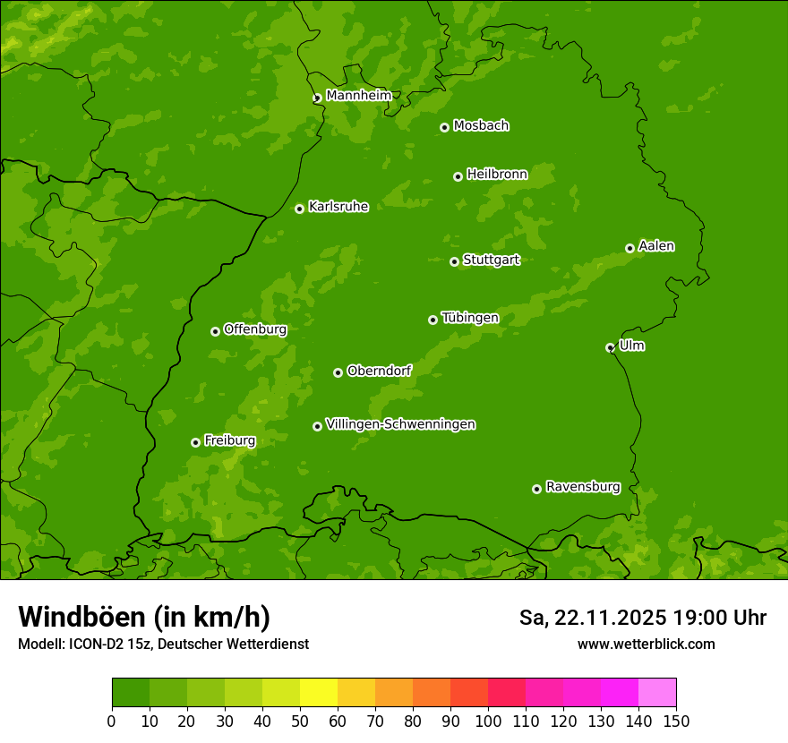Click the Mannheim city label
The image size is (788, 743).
click(x=358, y=96)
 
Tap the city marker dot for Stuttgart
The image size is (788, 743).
click(x=454, y=261)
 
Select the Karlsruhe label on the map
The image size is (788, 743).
click(x=338, y=207)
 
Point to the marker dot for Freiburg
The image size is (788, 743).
click(x=195, y=442)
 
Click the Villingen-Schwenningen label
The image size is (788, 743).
click(x=400, y=424)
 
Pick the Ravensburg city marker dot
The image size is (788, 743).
click(x=536, y=489)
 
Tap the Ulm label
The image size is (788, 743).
click(x=631, y=346)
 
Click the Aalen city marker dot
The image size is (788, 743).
click(x=630, y=248)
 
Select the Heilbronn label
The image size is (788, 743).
click(x=497, y=175)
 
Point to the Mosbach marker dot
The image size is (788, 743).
click(x=444, y=127)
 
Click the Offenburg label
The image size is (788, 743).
click(x=255, y=329)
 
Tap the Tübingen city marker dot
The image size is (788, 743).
click(x=433, y=320)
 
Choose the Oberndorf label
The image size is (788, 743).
click(x=379, y=371)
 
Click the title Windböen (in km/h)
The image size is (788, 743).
click(x=144, y=617)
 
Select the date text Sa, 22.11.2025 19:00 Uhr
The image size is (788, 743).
click(x=642, y=618)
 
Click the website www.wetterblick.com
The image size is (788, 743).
click(x=646, y=644)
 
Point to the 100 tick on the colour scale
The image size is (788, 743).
click(x=488, y=721)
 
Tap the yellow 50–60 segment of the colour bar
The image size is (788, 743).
click(x=319, y=693)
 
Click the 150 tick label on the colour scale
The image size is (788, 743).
click(x=676, y=721)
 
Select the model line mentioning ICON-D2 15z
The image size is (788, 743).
click(x=163, y=644)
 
